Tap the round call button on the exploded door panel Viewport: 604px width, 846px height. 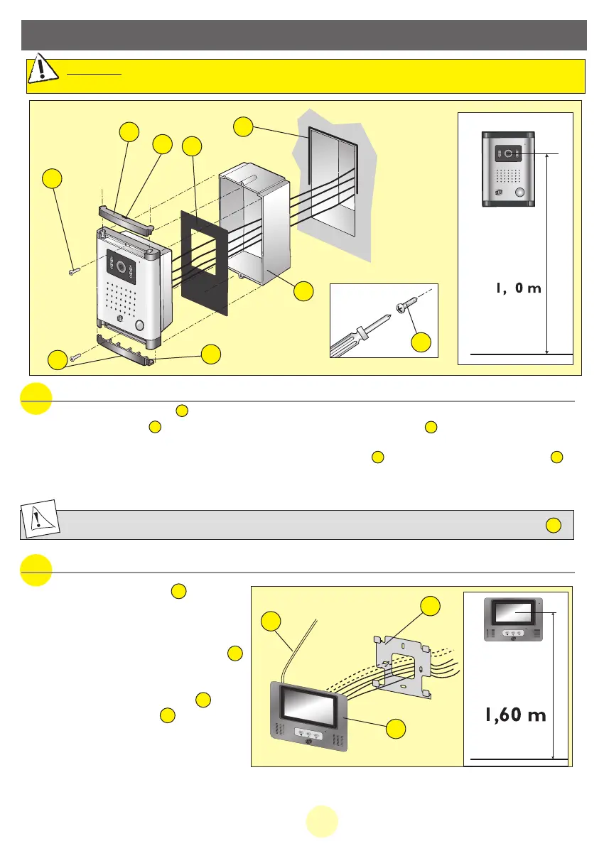click(138, 326)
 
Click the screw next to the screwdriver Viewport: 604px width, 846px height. click(406, 302)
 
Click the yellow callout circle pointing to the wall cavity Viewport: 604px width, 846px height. click(243, 128)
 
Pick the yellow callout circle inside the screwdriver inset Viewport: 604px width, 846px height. click(421, 342)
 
